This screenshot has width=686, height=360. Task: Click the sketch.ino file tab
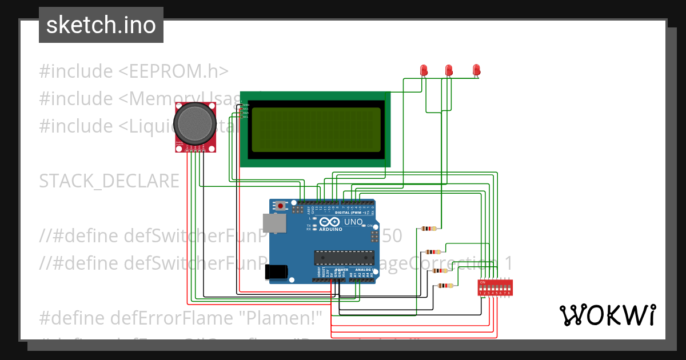[101, 25]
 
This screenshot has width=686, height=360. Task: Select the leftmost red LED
[424, 70]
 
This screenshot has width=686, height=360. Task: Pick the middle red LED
[449, 70]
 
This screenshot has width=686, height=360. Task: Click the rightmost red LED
[476, 70]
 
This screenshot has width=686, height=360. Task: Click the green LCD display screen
[316, 129]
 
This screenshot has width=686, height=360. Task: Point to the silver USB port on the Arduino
[274, 223]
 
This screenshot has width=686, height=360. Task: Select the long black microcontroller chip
[344, 258]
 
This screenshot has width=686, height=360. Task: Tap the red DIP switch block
[495, 287]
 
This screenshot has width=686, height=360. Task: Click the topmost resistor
[429, 229]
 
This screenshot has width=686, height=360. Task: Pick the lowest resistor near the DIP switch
[445, 286]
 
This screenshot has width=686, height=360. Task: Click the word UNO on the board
[353, 222]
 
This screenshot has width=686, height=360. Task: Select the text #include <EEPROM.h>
[134, 71]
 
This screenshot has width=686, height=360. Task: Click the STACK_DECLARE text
[109, 181]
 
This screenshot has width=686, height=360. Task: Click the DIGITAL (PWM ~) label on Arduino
[359, 212]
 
